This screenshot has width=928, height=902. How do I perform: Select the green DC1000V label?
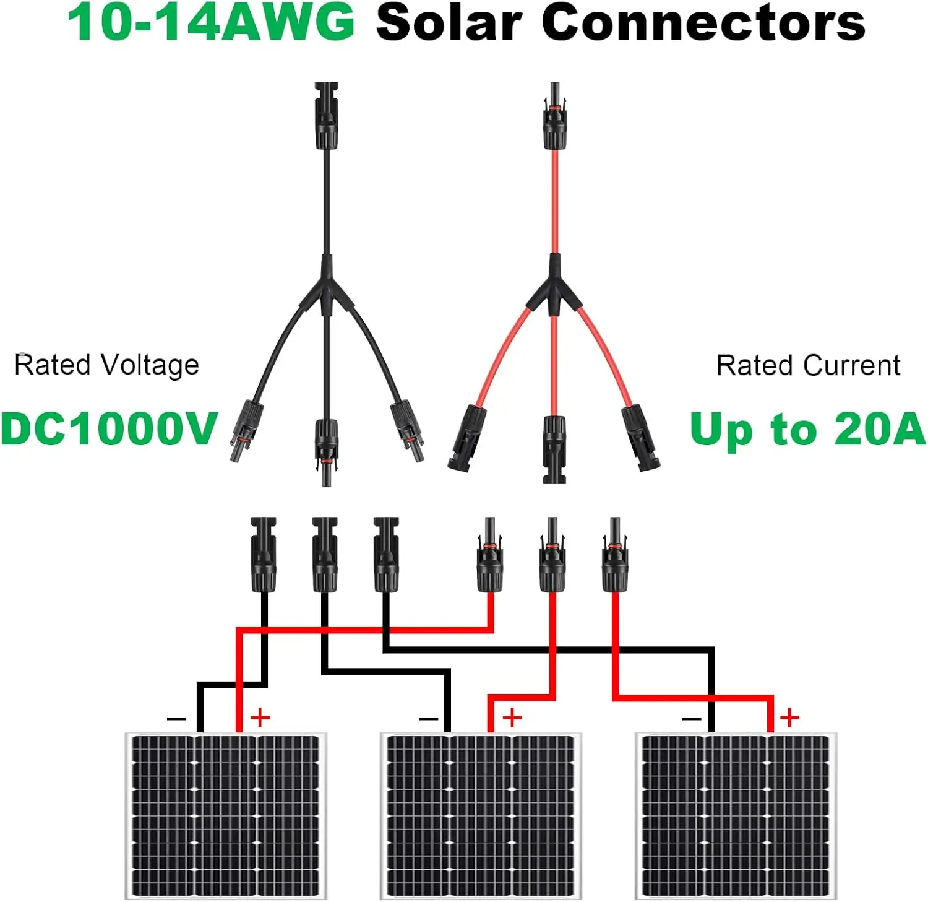[109, 428]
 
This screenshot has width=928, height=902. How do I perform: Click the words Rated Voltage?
[106, 365]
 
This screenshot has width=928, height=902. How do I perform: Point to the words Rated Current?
[808, 365]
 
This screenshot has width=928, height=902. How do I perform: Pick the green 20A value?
[879, 428]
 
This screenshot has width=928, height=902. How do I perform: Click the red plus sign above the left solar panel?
[260, 718]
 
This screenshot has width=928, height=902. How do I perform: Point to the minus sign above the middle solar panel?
[428, 719]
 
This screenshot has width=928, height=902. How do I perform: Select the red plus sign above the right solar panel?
[789, 718]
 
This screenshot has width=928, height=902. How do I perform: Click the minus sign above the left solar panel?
[176, 719]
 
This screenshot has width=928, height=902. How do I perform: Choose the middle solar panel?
[481, 815]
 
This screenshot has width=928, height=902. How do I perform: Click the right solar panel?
[736, 815]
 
